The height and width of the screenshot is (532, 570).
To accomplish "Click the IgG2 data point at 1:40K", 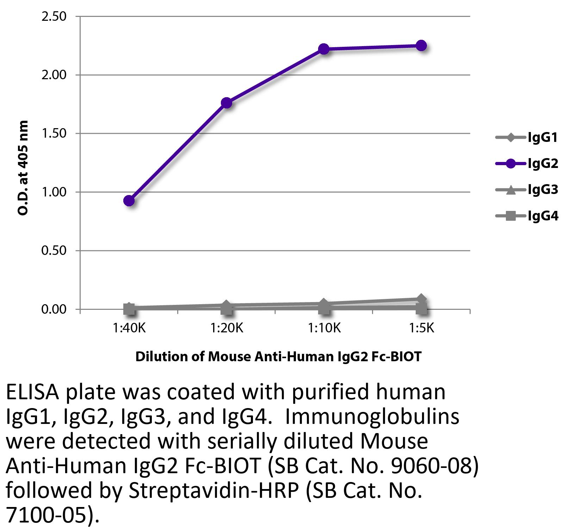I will [129, 201].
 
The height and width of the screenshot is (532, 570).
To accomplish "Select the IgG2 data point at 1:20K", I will [227, 103].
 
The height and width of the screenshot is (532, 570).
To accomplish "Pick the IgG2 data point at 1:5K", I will [421, 45].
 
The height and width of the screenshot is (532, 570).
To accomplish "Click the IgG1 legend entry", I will [527, 137].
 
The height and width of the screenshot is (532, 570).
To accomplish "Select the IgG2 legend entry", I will [527, 163].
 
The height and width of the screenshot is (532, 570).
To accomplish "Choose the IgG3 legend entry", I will [527, 190].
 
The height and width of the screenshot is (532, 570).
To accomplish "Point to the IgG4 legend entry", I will [527, 216].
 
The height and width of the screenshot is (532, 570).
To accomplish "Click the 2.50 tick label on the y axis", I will [54, 17].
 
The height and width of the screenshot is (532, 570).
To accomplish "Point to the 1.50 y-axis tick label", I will [54, 134].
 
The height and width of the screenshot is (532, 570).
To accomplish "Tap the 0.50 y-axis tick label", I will [54, 251].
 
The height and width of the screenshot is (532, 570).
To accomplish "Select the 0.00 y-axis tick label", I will [54, 309].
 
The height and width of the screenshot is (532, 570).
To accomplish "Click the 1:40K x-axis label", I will [129, 328].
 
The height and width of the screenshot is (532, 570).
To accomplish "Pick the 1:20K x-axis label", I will [227, 328].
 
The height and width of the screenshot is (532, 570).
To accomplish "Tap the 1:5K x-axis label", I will [421, 328].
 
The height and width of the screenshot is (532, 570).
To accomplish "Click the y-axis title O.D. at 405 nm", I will [23, 168].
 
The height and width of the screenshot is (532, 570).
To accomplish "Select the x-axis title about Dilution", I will [278, 357].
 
